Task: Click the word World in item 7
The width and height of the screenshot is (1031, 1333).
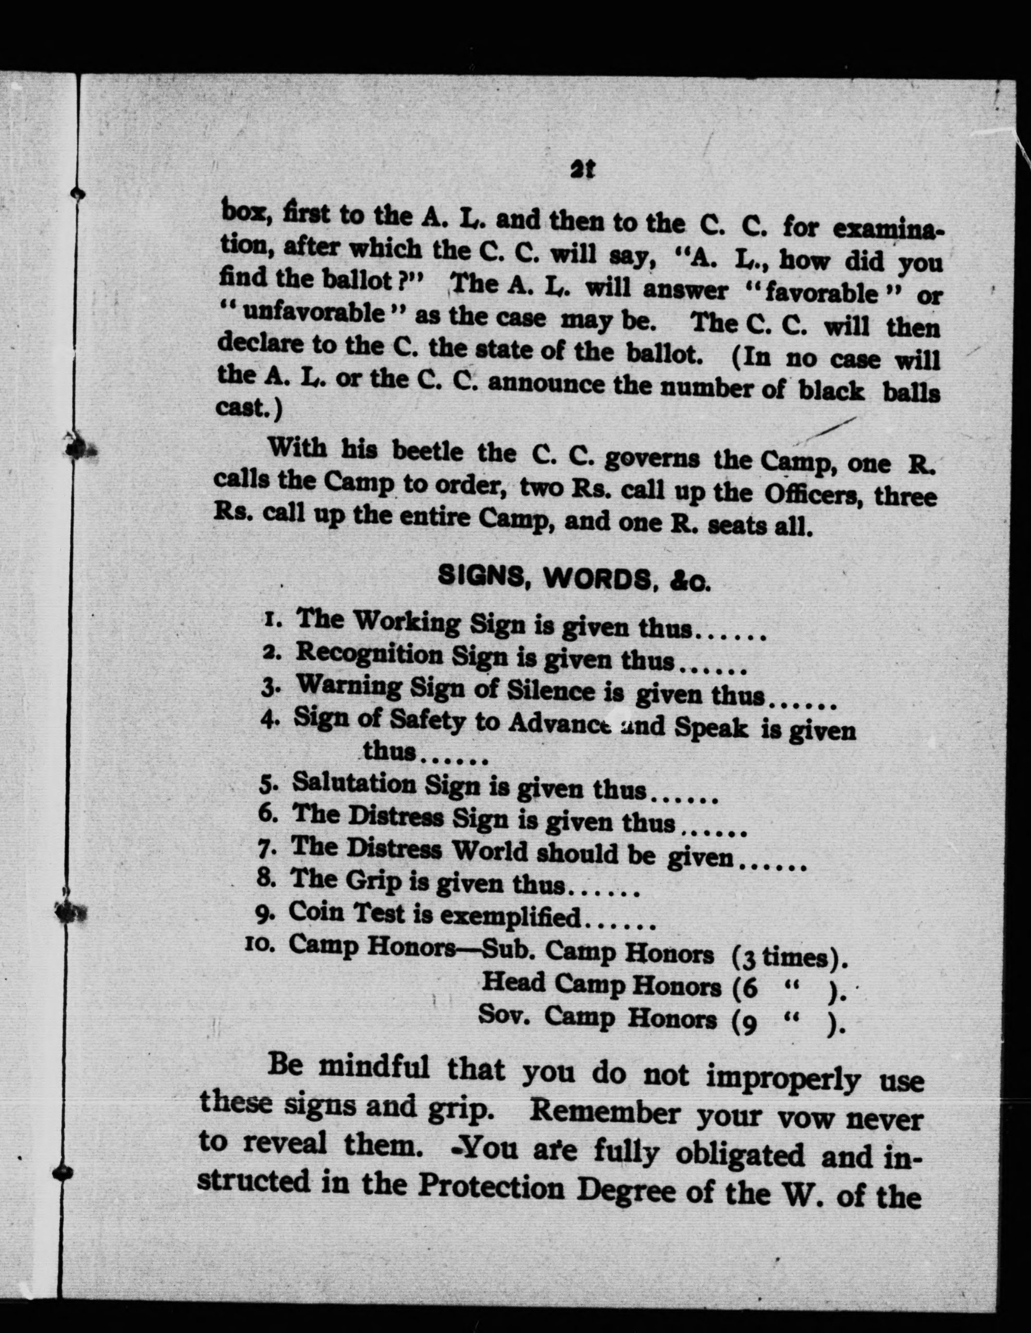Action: coord(490,851)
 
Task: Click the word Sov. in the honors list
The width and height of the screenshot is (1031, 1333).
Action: coord(504,1015)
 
